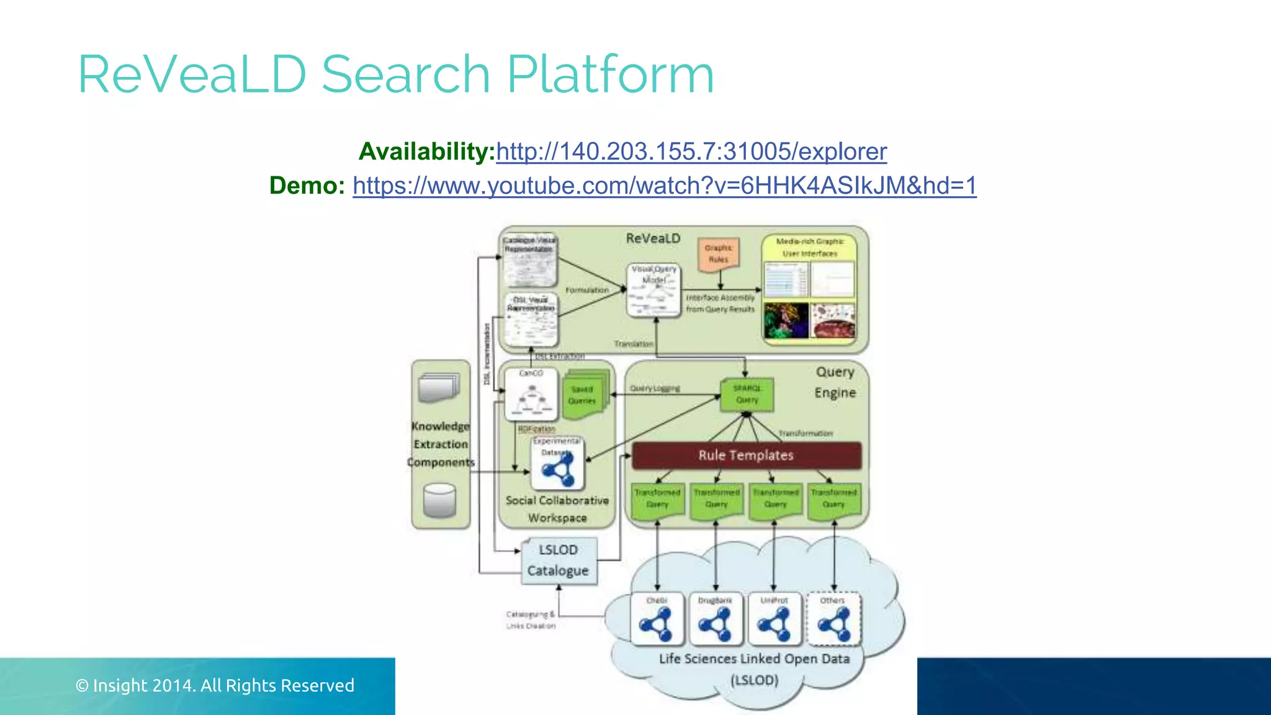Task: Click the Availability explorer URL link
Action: coord(691,151)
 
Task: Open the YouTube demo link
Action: coord(664,186)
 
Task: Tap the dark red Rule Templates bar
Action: coord(746,456)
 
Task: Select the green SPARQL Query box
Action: coord(747,395)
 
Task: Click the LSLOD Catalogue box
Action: coord(559,560)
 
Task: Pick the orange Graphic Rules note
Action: coord(719,254)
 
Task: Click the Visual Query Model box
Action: coord(653,289)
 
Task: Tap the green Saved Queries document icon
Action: coord(584,395)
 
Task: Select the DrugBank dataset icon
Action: coord(715,619)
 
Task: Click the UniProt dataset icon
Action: coord(774,619)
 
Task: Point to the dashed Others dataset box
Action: coord(833,619)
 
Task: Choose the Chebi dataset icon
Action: coord(657,619)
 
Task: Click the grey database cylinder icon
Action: coord(439,500)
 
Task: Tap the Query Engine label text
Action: coord(835,382)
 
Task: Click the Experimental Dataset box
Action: coord(558,463)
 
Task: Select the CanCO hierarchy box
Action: coord(531,395)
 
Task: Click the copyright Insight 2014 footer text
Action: coord(215,685)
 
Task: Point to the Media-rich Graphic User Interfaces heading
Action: coord(809,247)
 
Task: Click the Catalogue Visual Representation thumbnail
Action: coord(529,261)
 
